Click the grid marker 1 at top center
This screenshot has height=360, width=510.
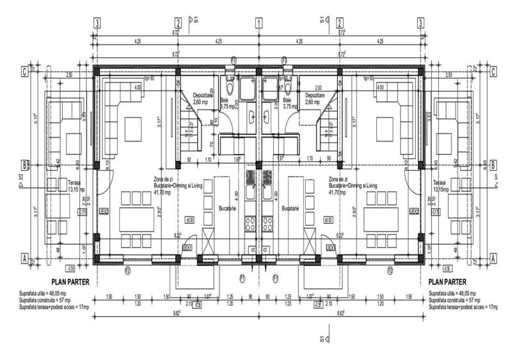pos(259,23)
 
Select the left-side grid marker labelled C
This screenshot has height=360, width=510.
pos(23,71)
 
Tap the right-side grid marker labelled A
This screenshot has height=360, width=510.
pos(493,258)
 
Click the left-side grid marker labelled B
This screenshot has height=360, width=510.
pos(23,164)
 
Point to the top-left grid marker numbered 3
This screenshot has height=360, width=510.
pos(97,23)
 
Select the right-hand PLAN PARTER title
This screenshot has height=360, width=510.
pos(447,281)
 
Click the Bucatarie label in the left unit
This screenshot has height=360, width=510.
pos(228,208)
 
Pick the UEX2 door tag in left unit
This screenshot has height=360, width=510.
pos(104,211)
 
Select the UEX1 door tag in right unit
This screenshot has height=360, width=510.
pos(330,247)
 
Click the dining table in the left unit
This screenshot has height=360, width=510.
pos(133,218)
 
